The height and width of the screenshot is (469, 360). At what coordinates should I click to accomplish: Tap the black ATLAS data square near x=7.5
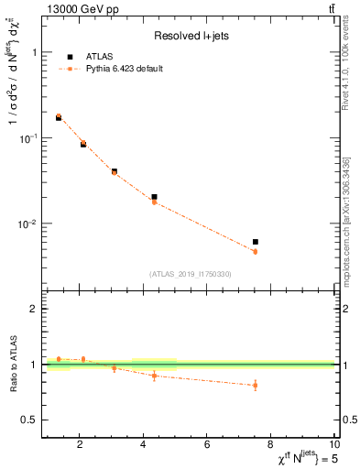[x=256, y=242]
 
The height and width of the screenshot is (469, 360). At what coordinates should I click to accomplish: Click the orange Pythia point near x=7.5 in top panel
[x=256, y=251]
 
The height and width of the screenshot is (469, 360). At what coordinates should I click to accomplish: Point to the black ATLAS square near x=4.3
[x=154, y=197]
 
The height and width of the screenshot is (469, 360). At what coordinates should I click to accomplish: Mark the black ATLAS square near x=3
[x=115, y=171]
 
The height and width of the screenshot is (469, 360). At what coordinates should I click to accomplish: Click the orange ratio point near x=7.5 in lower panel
[x=256, y=386]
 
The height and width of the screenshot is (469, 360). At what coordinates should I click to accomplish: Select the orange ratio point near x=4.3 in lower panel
[x=154, y=376]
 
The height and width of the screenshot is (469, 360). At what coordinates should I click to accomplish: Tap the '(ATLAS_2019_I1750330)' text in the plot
[x=191, y=274]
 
